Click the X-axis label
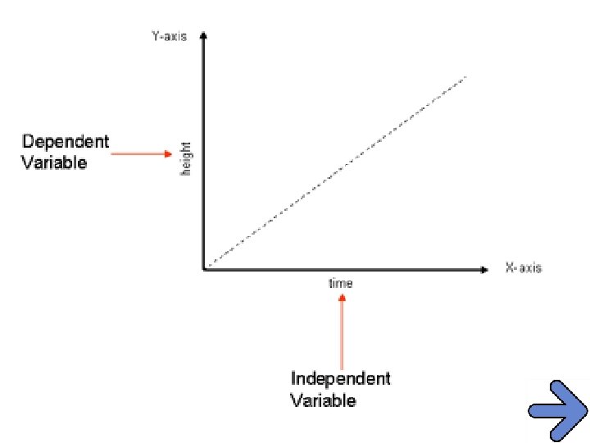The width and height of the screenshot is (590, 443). click(x=523, y=268)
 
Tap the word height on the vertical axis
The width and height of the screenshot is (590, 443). click(x=186, y=158)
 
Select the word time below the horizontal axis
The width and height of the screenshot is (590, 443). click(x=341, y=284)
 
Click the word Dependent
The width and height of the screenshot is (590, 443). click(x=65, y=141)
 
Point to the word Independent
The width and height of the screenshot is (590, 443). click(x=340, y=379)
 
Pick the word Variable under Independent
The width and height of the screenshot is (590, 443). click(x=324, y=400)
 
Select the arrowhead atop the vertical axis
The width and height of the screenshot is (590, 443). click(x=203, y=36)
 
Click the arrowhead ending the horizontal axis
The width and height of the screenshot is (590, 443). click(x=485, y=268)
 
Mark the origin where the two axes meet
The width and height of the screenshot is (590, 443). click(x=203, y=268)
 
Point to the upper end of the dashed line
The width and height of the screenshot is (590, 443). click(x=465, y=77)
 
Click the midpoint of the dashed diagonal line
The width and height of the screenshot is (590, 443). click(x=335, y=172)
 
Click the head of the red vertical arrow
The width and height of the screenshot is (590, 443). click(x=342, y=297)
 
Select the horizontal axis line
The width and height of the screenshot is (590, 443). click(x=344, y=268)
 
